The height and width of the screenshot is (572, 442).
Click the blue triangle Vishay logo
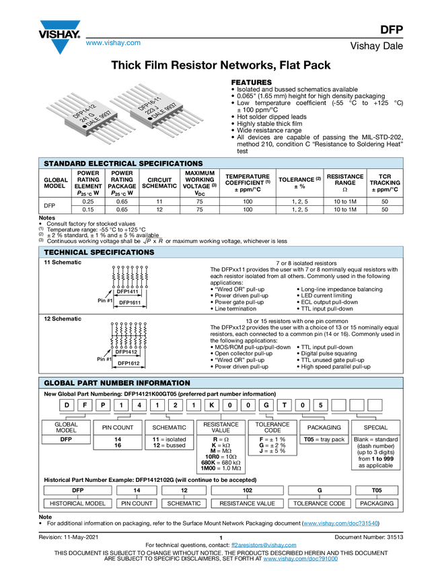click(x=60, y=46)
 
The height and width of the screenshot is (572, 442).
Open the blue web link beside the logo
click(x=113, y=43)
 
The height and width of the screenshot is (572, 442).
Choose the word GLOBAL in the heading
click(x=59, y=383)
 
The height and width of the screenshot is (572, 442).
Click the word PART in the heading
click(x=89, y=383)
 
